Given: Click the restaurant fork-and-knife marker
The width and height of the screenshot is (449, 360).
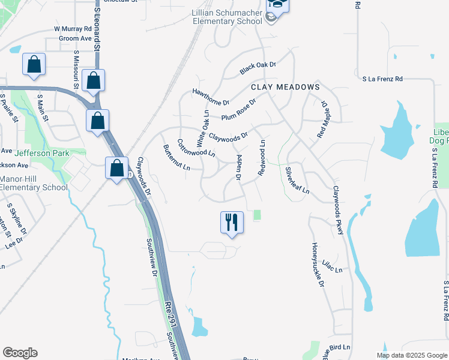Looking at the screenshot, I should click(232, 223).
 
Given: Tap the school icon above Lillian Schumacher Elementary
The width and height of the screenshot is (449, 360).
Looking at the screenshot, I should click(278, 5).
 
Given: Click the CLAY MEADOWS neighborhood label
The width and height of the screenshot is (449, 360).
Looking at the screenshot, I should click(285, 87).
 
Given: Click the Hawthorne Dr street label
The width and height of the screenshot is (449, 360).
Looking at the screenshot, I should click(211, 97).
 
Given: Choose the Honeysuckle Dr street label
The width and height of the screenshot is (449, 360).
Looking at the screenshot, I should click(318, 264).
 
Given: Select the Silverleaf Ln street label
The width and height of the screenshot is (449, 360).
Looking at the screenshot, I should click(297, 181).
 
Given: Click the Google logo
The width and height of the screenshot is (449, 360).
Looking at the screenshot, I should click(20, 353).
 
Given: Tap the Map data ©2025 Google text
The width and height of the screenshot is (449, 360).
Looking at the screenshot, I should click(412, 355).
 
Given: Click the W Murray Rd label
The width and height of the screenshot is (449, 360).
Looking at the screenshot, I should click(72, 28).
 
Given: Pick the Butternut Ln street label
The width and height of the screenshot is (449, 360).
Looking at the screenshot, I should click(176, 157).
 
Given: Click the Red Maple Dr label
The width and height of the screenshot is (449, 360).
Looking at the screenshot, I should click(319, 119).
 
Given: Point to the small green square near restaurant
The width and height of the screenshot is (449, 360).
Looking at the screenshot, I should click(258, 215).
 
